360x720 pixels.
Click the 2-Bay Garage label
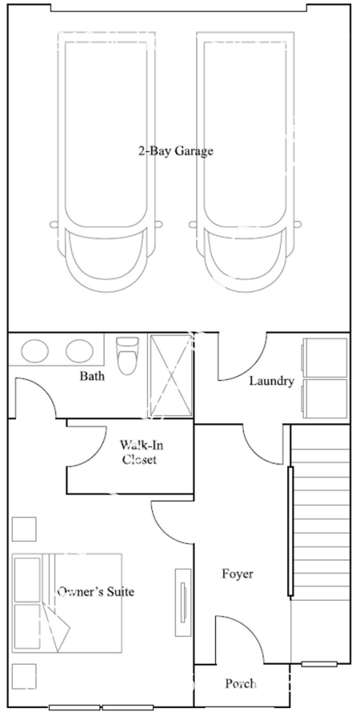click(x=176, y=150)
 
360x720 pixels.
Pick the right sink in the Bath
click(x=79, y=350)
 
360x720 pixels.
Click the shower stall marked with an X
click(x=171, y=374)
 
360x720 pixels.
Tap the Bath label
click(x=91, y=376)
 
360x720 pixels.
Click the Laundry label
click(x=272, y=381)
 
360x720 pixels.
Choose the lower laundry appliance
click(x=325, y=398)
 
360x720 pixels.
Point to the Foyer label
click(x=238, y=574)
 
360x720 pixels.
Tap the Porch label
click(x=241, y=684)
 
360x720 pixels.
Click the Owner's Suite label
click(x=95, y=592)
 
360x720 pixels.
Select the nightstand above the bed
click(x=24, y=529)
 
